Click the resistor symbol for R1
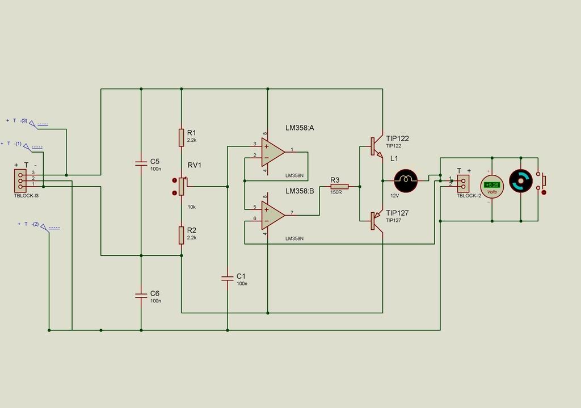(181, 137)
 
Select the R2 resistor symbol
(181, 234)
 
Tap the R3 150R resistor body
(339, 186)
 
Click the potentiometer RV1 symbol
(181, 186)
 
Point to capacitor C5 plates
(141, 163)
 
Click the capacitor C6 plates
(141, 295)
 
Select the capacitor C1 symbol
(227, 278)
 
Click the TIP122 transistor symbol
(376, 145)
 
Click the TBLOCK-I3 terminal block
(20, 180)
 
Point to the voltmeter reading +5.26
(492, 185)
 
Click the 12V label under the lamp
(395, 196)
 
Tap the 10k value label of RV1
(192, 207)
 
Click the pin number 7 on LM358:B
(292, 213)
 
